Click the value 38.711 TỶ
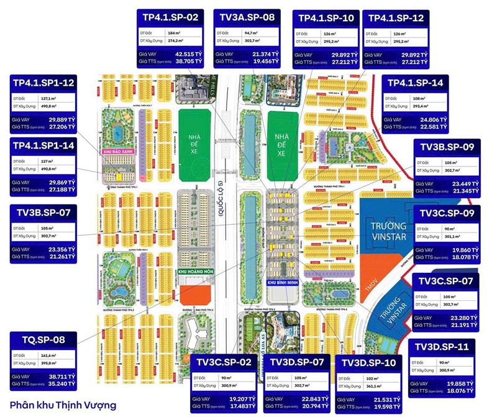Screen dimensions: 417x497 point(62,377)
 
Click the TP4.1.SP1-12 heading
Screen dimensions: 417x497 point(43,82)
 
